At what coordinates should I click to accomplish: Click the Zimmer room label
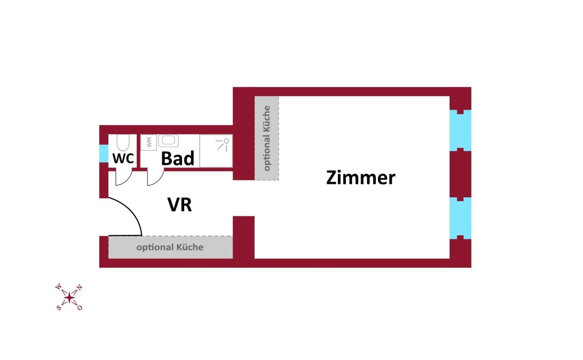coord(360,178)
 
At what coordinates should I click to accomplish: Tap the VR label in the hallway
coord(180,205)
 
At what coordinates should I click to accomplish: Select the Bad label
coord(178,158)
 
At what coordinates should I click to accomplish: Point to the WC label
coord(123,158)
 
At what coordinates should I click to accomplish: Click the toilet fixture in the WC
coord(122,143)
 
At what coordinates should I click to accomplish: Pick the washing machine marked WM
coord(148,143)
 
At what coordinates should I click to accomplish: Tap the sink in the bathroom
coord(168,141)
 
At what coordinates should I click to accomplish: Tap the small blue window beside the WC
coord(103,153)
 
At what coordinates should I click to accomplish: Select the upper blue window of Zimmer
coord(460,130)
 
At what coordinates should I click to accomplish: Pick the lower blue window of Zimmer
coord(460,218)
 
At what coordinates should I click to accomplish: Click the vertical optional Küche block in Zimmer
coord(267,138)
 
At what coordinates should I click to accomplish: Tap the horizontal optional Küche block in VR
coord(170,247)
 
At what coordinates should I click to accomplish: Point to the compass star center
coord(69,297)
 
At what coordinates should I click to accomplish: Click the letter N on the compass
coord(79,287)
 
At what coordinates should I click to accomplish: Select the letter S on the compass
coord(59,308)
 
